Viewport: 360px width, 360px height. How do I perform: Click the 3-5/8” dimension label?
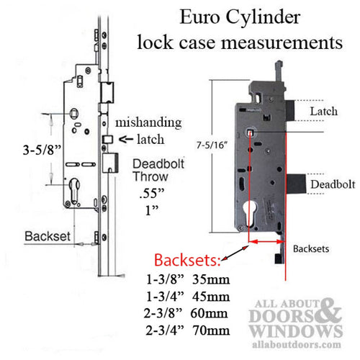tap(42, 150)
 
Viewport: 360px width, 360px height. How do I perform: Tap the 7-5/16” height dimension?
tap(212, 145)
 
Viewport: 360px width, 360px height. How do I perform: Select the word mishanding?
tap(148, 122)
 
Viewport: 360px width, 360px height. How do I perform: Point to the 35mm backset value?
tap(211, 279)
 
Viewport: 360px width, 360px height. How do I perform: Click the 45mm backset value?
tap(211, 297)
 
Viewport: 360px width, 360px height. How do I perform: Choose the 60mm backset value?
tap(210, 313)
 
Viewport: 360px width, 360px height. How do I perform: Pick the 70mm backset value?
tap(211, 330)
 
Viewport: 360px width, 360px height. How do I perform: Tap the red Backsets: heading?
tap(187, 260)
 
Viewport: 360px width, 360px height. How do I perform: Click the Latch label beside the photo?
tap(324, 112)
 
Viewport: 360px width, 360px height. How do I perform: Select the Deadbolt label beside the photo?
tap(333, 184)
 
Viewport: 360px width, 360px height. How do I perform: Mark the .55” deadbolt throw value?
tap(152, 193)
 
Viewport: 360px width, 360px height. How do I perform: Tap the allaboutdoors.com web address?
tap(297, 345)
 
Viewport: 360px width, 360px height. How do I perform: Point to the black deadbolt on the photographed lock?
tap(297, 184)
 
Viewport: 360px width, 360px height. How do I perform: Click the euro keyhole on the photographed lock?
tap(250, 213)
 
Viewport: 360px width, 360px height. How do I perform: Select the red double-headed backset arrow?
tap(267, 242)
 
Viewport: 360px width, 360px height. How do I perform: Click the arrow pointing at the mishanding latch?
tap(126, 139)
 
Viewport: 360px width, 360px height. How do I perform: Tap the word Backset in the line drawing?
tap(48, 236)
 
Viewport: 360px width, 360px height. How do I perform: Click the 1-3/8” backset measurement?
tap(165, 279)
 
